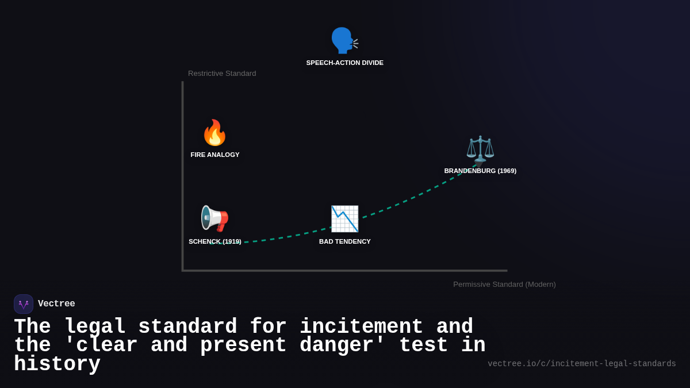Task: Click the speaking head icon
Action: (344, 40)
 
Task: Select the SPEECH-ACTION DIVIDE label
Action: (345, 63)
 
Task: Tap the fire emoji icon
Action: (214, 133)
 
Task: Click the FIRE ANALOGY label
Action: (215, 155)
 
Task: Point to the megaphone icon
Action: (214, 218)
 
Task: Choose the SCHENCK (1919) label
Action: (215, 241)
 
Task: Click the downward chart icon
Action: (344, 218)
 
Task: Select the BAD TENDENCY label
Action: (345, 241)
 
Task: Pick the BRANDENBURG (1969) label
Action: (480, 171)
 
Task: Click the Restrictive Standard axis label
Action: (222, 74)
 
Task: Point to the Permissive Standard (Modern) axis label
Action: (504, 284)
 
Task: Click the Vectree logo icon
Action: (24, 304)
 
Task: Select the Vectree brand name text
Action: (56, 304)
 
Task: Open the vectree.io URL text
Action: (581, 364)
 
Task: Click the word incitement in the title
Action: (361, 327)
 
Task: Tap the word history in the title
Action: (57, 364)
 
